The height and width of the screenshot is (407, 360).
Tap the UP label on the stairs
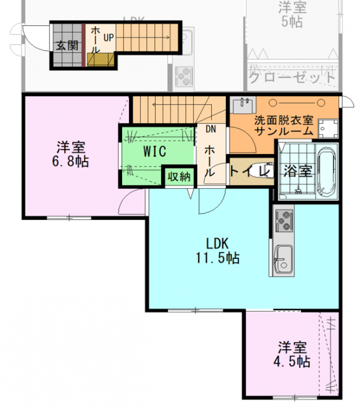pos(108,38)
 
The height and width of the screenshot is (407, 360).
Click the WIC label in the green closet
pos(155,151)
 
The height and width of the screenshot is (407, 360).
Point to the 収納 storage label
pos(179,176)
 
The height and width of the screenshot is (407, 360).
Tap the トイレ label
pos(245,170)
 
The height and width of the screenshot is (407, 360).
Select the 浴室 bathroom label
pos(297,171)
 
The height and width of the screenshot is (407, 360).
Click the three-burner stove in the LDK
pos(283,221)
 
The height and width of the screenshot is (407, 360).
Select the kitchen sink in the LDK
pos(282,260)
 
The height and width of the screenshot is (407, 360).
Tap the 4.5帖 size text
pos(292,362)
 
